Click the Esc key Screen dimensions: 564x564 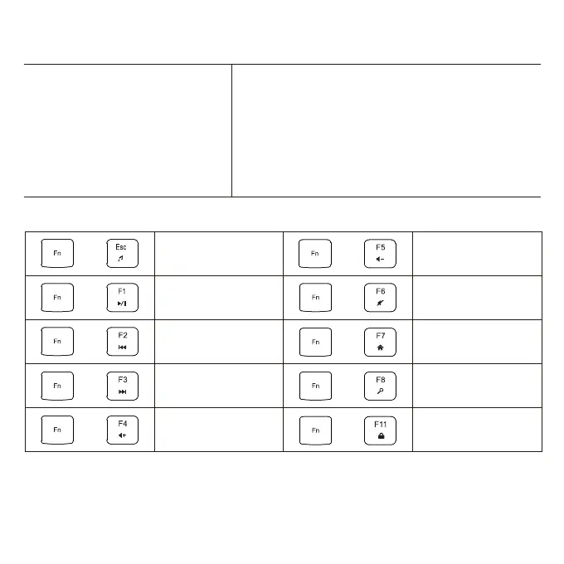click(x=122, y=253)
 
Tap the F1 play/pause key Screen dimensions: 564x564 click(x=122, y=297)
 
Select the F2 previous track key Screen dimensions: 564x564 click(x=122, y=342)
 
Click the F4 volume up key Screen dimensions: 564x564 click(x=122, y=430)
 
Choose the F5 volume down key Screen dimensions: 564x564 click(x=381, y=253)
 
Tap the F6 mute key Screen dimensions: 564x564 click(x=381, y=297)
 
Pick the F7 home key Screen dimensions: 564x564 click(x=381, y=342)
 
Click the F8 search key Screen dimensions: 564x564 click(x=381, y=386)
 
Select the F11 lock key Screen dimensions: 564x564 click(x=381, y=430)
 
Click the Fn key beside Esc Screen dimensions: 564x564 click(x=57, y=253)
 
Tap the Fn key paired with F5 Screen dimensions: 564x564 click(x=315, y=253)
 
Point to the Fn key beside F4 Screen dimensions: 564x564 click(x=57, y=430)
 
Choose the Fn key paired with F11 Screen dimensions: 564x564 click(x=315, y=430)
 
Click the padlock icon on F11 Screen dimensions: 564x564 click(x=381, y=436)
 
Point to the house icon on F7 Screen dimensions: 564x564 click(x=381, y=348)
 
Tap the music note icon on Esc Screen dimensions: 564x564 click(x=122, y=260)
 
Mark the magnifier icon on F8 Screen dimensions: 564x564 click(x=381, y=392)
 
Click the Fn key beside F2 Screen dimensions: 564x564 click(x=57, y=342)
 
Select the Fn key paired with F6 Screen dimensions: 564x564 click(x=315, y=297)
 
